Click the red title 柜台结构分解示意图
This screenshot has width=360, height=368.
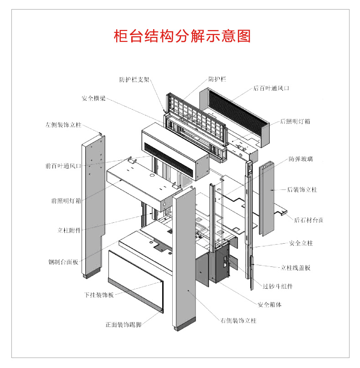click(x=182, y=36)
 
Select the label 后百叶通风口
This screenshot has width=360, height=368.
click(x=271, y=88)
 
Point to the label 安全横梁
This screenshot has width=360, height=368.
click(x=94, y=98)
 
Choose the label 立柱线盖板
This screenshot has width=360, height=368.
click(x=295, y=268)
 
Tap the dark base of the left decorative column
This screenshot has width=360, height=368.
click(x=91, y=274)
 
